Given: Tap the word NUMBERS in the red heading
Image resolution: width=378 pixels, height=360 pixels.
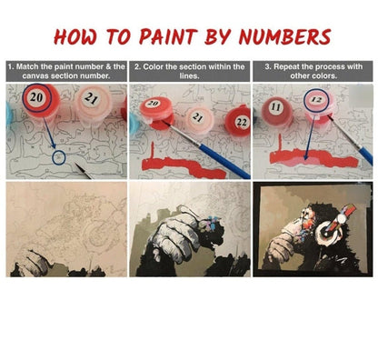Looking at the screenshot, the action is (284, 36).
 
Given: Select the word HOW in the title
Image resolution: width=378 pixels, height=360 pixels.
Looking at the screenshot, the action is (75, 37).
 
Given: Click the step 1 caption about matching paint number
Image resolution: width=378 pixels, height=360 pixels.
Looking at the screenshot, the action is (66, 71).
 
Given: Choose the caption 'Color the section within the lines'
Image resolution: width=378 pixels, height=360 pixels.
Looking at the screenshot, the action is (190, 71).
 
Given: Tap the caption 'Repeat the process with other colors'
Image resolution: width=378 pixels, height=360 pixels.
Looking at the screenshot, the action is (313, 71).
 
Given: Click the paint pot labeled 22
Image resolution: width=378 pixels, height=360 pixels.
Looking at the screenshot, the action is (239, 121).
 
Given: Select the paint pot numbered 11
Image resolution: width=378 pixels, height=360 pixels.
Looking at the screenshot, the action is (277, 111).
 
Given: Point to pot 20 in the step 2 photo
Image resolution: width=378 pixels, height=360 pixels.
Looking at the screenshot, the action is (155, 111).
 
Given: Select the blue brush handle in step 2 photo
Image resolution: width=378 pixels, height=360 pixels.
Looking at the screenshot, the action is (224, 160).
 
